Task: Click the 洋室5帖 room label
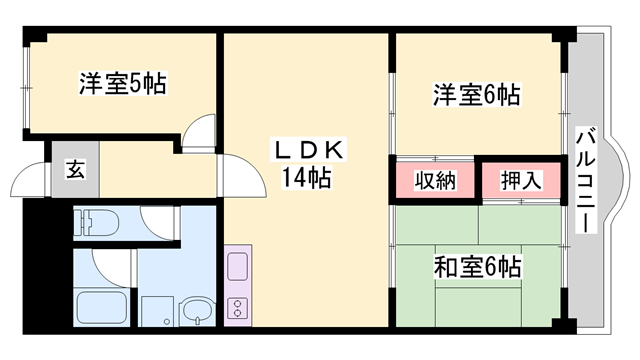[x=122, y=84]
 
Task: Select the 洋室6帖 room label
[x=475, y=95]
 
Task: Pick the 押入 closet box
[x=520, y=181]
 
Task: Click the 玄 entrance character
[x=76, y=167]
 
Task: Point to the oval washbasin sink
[x=198, y=310]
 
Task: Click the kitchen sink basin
[x=238, y=267]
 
